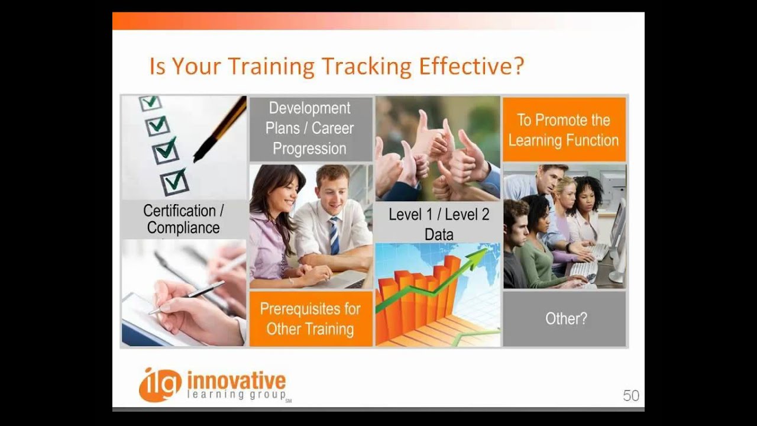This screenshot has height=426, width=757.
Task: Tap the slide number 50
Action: tap(630, 396)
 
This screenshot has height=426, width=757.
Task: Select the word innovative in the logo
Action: tap(236, 380)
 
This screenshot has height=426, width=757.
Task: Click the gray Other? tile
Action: tap(565, 318)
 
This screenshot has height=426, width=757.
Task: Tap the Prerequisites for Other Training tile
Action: tap(310, 318)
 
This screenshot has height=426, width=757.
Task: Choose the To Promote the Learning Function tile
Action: tap(564, 130)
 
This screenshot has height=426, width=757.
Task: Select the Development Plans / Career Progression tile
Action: tap(310, 128)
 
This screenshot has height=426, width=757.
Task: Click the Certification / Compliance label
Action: tap(183, 219)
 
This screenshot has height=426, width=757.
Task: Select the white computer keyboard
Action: tap(585, 270)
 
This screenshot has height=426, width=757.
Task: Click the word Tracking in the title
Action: tap(364, 66)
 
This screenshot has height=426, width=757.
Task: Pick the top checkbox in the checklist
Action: tap(150, 103)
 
